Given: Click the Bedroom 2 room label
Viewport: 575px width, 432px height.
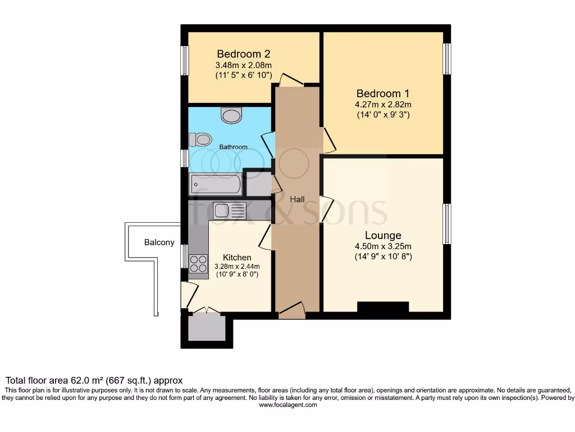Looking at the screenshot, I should pyautogui.click(x=244, y=54).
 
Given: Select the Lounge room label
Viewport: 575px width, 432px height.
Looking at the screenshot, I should pyautogui.click(x=383, y=235).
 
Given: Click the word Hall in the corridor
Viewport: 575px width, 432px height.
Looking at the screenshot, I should pyautogui.click(x=297, y=199).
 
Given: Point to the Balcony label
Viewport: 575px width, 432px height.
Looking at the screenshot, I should pyautogui.click(x=159, y=242).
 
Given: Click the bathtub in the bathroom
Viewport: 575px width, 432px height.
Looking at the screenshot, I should pyautogui.click(x=216, y=183).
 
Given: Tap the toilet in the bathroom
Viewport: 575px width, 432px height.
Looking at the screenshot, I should pyautogui.click(x=198, y=139).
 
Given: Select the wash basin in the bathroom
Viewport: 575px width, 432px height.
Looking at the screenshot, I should pyautogui.click(x=231, y=116).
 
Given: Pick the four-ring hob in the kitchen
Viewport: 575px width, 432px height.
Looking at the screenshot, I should pyautogui.click(x=198, y=263).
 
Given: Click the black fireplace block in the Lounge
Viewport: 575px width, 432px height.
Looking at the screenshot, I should pyautogui.click(x=382, y=307).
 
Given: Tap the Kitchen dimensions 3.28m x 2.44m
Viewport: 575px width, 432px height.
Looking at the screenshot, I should pyautogui.click(x=237, y=267).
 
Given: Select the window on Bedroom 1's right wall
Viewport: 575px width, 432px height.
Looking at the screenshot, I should pyautogui.click(x=447, y=58).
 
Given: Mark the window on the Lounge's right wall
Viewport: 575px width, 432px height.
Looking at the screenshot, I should pyautogui.click(x=447, y=223).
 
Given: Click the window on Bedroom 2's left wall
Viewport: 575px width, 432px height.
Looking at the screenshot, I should pyautogui.click(x=184, y=60).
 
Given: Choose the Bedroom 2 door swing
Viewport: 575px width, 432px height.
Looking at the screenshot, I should pyautogui.click(x=291, y=79).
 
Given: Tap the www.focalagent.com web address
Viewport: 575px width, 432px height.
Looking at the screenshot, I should pyautogui.click(x=287, y=404).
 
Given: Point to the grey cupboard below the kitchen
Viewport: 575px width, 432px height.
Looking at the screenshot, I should pyautogui.click(x=206, y=328).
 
